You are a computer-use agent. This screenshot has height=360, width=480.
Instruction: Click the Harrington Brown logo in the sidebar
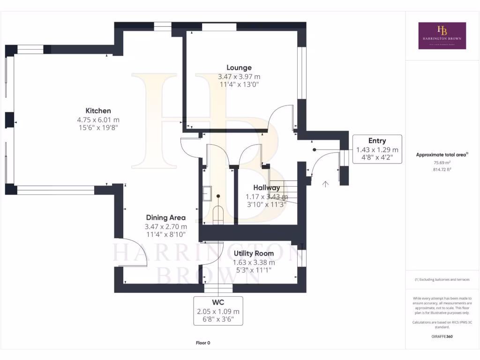[x=442, y=36]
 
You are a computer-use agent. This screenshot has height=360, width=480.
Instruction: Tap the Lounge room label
[x=239, y=67]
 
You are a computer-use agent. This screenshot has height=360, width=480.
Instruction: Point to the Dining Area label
[x=165, y=217]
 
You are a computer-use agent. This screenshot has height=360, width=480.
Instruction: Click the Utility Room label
[x=254, y=253]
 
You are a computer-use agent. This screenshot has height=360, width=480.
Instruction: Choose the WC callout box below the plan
[x=218, y=311]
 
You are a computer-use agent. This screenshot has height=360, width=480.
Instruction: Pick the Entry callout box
[x=377, y=149]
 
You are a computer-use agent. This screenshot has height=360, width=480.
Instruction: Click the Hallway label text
[x=267, y=188]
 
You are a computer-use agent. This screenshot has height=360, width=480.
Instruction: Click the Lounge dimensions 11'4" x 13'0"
[x=239, y=85]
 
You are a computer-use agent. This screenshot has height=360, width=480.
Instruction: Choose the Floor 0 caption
[x=203, y=343]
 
